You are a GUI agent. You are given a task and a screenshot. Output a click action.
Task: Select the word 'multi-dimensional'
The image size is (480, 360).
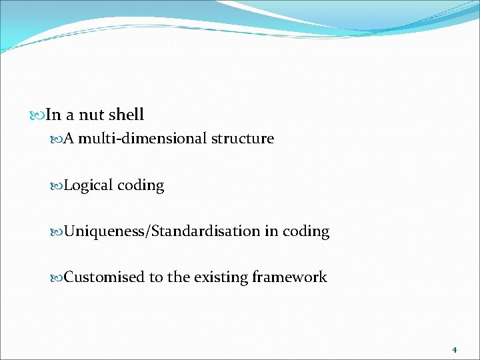pos(143,139)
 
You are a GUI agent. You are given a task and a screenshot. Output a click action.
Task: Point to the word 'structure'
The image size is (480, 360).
pos(243,139)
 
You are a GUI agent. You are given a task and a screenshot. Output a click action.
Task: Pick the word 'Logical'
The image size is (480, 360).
pos(89,185)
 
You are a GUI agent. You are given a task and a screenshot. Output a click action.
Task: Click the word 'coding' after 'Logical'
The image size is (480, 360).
pos(141,185)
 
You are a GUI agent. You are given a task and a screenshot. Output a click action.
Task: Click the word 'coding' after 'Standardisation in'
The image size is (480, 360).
pos(306,231)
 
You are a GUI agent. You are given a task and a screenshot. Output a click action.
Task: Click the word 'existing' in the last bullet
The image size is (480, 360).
pos(221,277)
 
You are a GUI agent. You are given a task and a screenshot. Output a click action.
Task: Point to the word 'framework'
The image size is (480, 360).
pos(290,277)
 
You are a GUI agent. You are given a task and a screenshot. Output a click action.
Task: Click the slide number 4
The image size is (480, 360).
pos(454,349)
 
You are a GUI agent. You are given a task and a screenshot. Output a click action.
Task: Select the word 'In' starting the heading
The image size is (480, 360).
pos(53,115)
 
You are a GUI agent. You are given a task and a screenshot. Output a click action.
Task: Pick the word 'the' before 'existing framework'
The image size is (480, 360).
pos(179,277)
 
